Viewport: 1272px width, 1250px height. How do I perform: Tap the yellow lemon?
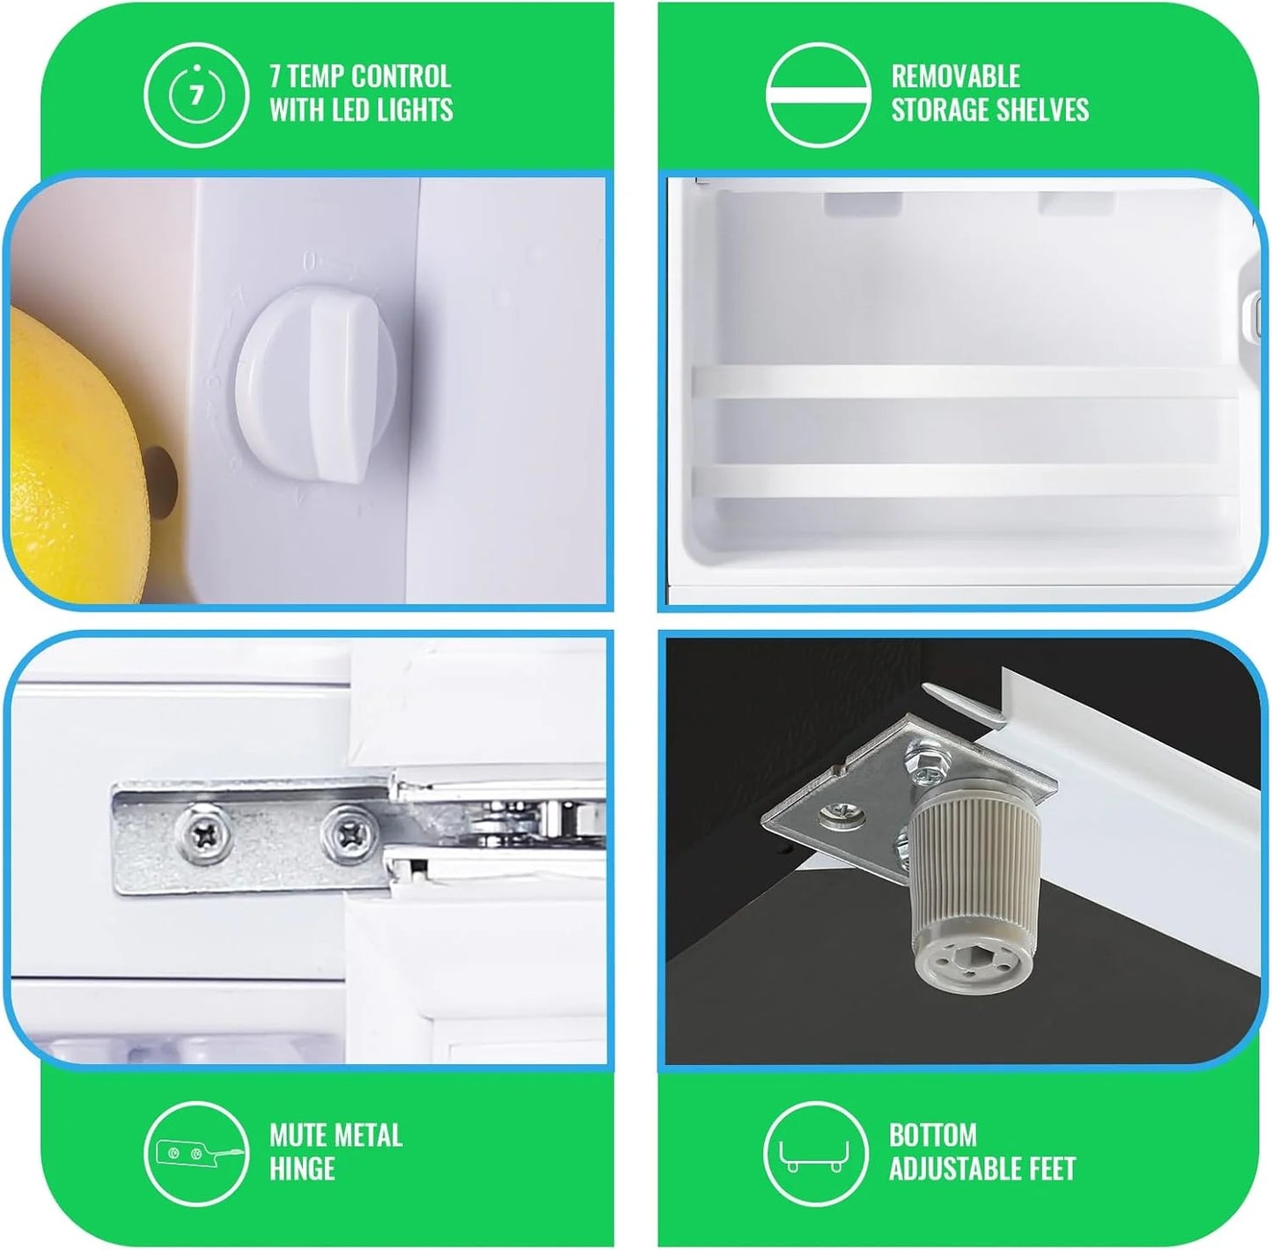point(72,456)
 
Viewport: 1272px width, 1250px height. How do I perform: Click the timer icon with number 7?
point(196,95)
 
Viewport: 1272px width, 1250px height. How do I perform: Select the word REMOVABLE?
point(955,77)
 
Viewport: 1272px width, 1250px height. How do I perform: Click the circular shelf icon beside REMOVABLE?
point(817,95)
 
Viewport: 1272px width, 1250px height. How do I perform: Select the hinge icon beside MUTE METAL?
point(196,1154)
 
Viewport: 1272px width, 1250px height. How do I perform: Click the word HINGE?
point(302,1170)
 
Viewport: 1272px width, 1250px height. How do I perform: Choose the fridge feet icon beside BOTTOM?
point(814,1154)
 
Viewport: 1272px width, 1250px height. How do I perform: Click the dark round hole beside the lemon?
point(162,474)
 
